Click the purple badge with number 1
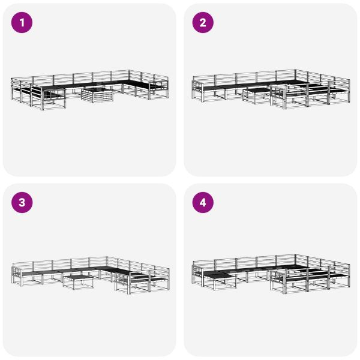pos(23,23)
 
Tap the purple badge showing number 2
pos(203,23)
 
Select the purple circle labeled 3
pos(23,203)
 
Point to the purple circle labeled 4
pos(203,203)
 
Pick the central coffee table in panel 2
pos(256,95)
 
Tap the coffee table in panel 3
pos(78,280)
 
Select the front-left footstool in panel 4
pos(220,280)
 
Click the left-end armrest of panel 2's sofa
pos(194,86)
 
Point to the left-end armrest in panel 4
pos(194,267)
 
